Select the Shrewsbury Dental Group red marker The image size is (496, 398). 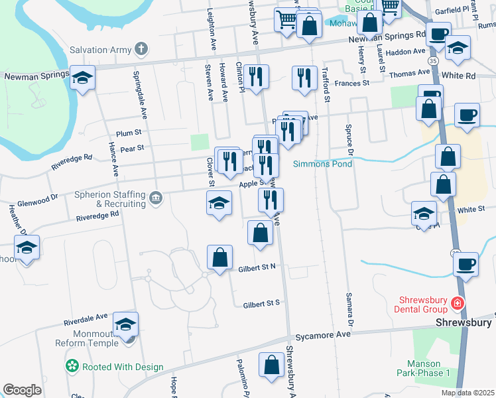[x=457, y=304]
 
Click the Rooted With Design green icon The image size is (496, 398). [x=72, y=366]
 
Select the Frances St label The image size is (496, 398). [x=351, y=84]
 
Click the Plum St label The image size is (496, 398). [x=129, y=133]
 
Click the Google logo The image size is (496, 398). [x=22, y=389]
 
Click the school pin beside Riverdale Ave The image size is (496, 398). [x=125, y=324]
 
